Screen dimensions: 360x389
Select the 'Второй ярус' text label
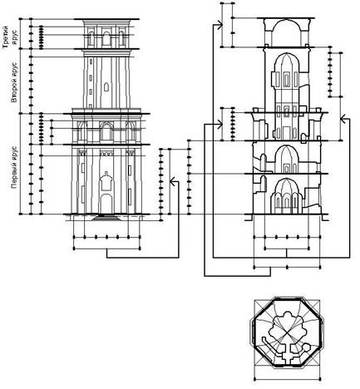tap(14, 83)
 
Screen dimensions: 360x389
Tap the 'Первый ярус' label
tap(14, 168)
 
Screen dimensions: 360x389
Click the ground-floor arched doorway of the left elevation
tap(106, 204)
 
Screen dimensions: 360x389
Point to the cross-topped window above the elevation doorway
tap(106, 180)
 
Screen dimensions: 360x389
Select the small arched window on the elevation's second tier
tap(106, 87)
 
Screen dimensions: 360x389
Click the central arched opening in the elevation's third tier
tap(106, 39)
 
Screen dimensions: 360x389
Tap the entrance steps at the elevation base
tap(106, 218)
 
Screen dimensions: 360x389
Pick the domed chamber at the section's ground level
tap(287, 196)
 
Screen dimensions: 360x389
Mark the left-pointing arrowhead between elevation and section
tap(172, 182)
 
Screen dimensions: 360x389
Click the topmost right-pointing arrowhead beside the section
tap(219, 25)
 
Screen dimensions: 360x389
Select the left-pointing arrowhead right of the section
tap(343, 119)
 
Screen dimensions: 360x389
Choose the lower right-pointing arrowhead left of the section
tap(219, 125)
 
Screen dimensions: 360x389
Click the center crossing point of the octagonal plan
tap(287, 333)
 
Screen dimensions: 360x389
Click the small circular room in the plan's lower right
tap(306, 347)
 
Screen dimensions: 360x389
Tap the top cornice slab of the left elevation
tap(106, 19)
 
